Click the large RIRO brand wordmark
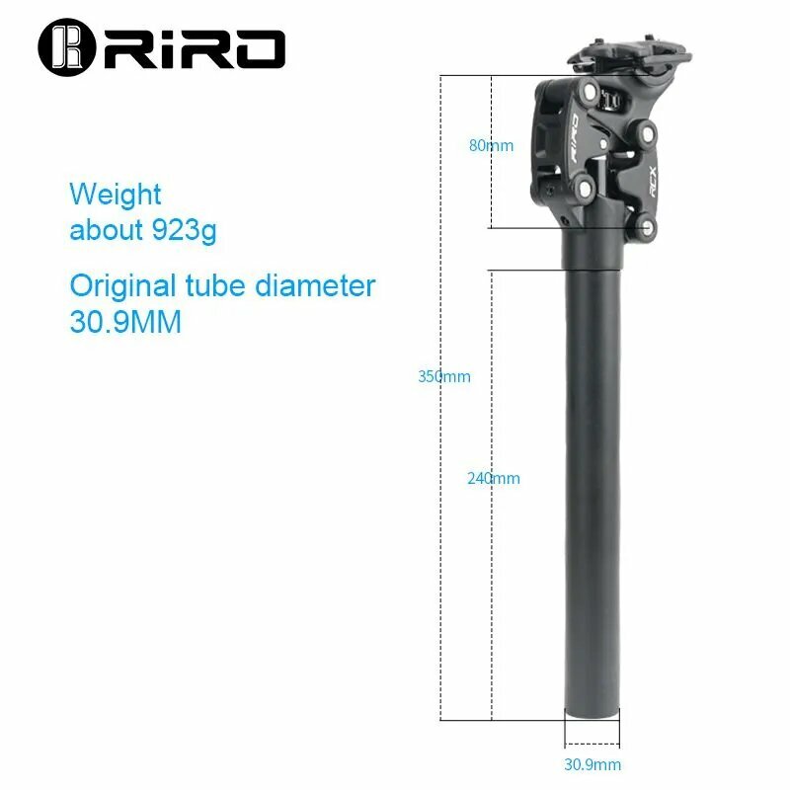click(x=192, y=47)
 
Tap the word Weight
click(x=115, y=194)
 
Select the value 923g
click(x=184, y=230)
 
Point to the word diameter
click(x=315, y=286)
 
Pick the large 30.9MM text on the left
click(x=125, y=322)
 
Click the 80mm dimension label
click(x=491, y=145)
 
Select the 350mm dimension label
click(x=443, y=376)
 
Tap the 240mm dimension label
click(x=493, y=478)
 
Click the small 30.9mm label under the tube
click(x=592, y=764)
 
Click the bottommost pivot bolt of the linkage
click(x=647, y=229)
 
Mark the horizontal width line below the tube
click(x=592, y=745)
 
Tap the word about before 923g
click(x=107, y=230)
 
